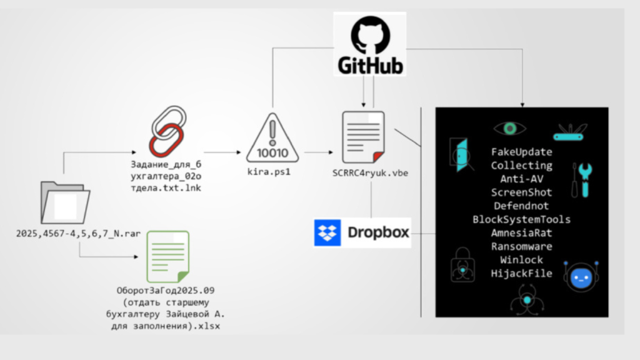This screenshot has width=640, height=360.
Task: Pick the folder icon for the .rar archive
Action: [x=64, y=202]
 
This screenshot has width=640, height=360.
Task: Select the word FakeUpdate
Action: [x=521, y=152]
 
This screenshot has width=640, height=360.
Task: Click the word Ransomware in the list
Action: [x=521, y=246]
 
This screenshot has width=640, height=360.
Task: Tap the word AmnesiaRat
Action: [x=521, y=232]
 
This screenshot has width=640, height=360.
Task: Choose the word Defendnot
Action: [x=521, y=206]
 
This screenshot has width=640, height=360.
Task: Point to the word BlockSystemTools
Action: [x=521, y=219]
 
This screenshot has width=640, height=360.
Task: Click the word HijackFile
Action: [x=521, y=273]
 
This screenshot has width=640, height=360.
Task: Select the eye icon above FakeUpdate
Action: [x=509, y=128]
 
